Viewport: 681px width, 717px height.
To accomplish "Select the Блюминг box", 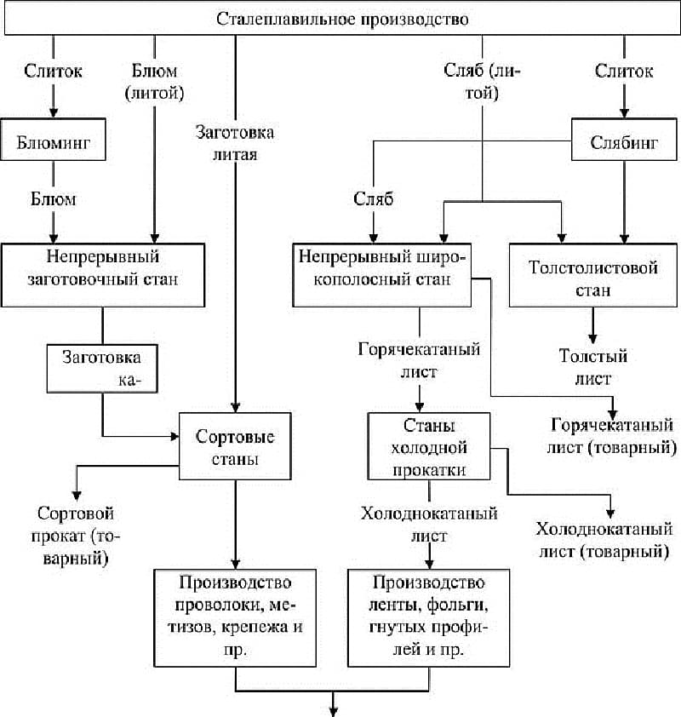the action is tap(54, 140).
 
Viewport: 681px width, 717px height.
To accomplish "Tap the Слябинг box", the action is tap(624, 140).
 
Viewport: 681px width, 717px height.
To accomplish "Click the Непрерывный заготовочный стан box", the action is tap(103, 275).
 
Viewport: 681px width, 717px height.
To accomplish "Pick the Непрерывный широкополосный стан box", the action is tap(382, 275).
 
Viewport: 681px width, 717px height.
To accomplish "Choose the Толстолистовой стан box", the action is tap(592, 275).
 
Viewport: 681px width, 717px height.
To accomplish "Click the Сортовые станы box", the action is tap(235, 446).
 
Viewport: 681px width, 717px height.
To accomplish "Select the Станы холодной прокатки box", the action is tap(429, 446).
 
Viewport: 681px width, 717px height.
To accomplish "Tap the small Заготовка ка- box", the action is tap(102, 369).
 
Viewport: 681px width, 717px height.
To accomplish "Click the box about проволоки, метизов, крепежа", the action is tap(235, 617).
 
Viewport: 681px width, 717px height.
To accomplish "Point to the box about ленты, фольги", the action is tap(429, 617).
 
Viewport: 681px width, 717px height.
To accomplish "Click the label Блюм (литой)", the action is tap(154, 82).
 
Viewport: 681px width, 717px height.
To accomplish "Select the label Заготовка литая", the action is tap(235, 143).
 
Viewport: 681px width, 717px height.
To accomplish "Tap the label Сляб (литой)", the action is tap(482, 82).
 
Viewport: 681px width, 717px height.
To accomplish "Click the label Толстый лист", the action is tap(592, 367).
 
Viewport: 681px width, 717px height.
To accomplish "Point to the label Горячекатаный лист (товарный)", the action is tap(612, 436).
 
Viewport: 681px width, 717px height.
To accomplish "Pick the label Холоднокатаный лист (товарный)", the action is tap(604, 540).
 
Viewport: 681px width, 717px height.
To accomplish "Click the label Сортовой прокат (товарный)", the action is tap(76, 536).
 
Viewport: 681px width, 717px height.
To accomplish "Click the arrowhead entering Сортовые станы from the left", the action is tap(175, 436).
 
